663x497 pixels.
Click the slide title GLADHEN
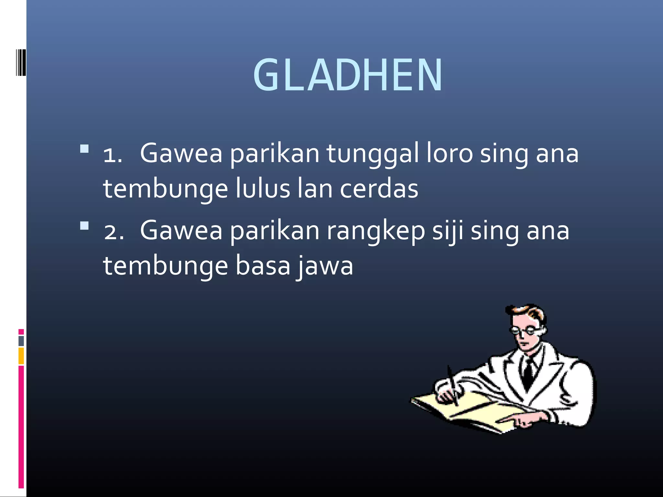tap(348, 75)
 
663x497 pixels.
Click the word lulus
tap(262, 189)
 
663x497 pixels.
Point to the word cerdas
tap(379, 189)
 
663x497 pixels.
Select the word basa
tap(263, 266)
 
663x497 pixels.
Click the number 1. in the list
tap(113, 155)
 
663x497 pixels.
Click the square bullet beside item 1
tap(84, 149)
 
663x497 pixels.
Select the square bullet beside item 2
tap(84, 226)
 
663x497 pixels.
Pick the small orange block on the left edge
tap(21, 356)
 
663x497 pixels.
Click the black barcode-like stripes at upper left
tap(21, 63)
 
